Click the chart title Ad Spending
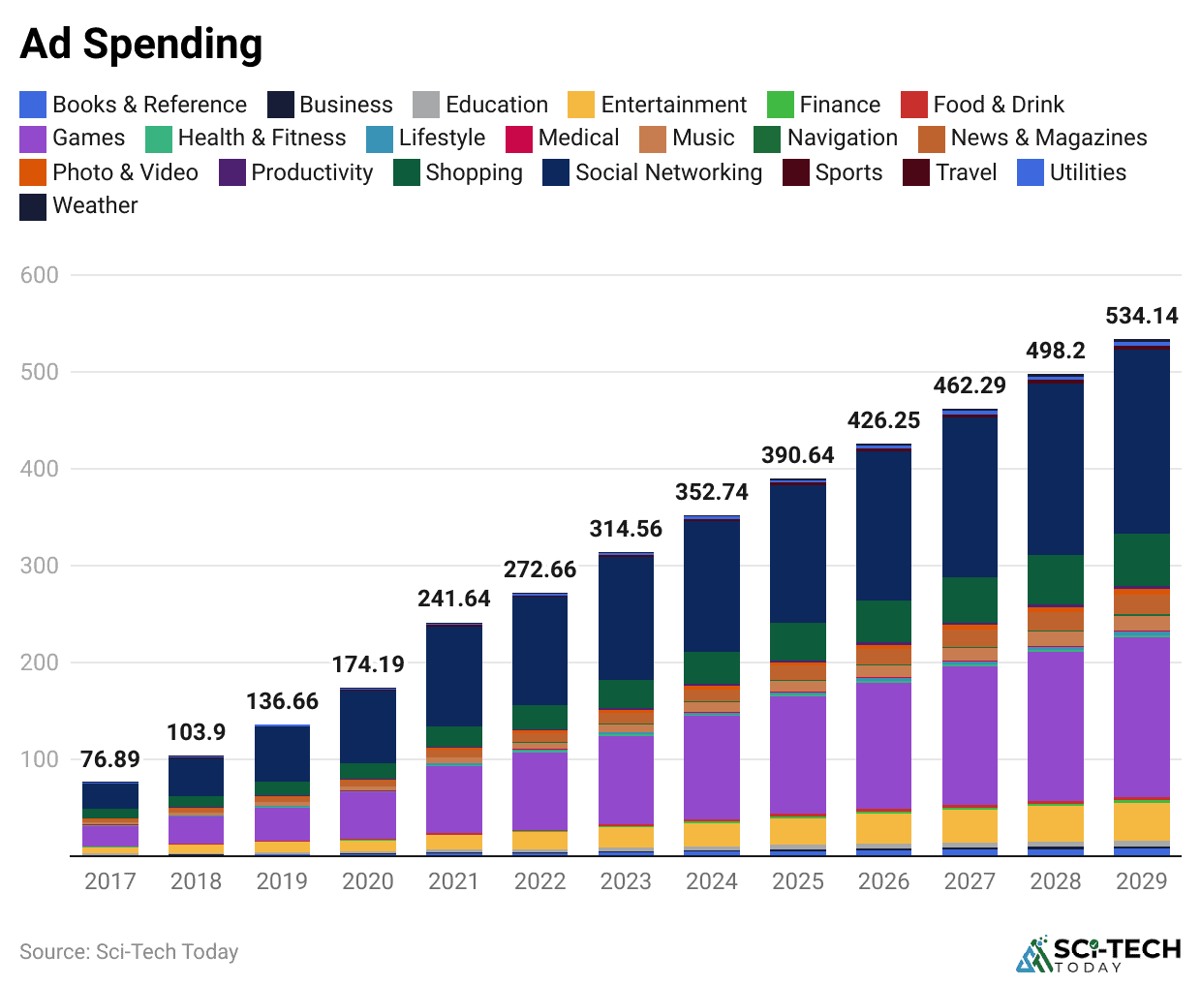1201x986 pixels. [141, 45]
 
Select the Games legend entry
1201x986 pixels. [74, 138]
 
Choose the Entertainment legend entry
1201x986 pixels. [658, 105]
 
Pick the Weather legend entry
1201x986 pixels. [79, 205]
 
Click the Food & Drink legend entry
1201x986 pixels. [982, 105]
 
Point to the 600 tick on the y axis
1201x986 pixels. [40, 275]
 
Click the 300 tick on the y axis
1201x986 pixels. [40, 566]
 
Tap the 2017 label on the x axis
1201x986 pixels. [110, 881]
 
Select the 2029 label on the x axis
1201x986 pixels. [1141, 881]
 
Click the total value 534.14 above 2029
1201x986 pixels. [1141, 316]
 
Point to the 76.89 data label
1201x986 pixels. [110, 759]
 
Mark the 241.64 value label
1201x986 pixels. [454, 599]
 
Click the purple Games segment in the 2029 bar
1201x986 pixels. [1141, 717]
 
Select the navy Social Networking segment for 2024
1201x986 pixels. [712, 586]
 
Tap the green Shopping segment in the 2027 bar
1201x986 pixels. [970, 601]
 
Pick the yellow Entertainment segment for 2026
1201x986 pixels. [883, 828]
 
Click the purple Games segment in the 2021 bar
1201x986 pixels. [454, 799]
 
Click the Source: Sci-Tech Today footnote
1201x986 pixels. [129, 952]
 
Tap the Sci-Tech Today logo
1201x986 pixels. [1098, 954]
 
